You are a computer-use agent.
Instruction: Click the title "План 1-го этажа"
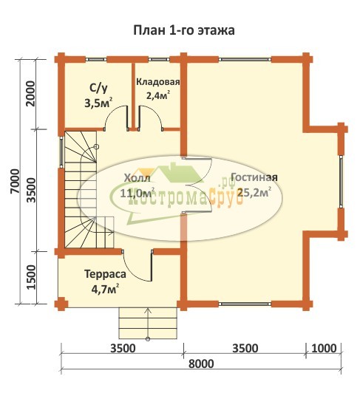(x=183, y=30)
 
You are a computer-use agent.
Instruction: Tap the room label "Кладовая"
(x=158, y=82)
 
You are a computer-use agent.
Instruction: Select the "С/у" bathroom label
(x=98, y=89)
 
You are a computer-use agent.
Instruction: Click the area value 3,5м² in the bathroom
(x=98, y=103)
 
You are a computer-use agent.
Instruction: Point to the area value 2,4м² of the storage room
(x=157, y=95)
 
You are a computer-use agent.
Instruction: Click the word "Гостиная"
(x=254, y=177)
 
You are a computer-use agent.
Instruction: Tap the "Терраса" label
(x=105, y=274)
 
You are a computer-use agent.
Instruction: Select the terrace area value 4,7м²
(x=106, y=289)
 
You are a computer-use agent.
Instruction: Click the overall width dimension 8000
(x=201, y=364)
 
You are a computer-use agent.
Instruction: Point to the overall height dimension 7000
(x=16, y=181)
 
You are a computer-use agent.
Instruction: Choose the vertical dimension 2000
(x=30, y=93)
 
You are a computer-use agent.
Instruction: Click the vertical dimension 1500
(x=31, y=277)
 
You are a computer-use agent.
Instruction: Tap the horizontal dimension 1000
(x=324, y=349)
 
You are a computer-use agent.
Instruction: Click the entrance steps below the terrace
(x=148, y=323)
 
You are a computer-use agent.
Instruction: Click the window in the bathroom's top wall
(x=96, y=60)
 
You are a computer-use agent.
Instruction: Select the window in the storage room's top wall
(x=159, y=60)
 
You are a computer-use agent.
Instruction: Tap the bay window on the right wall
(x=341, y=181)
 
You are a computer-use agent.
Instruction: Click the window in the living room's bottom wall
(x=245, y=304)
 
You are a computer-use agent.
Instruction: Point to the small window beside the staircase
(x=61, y=152)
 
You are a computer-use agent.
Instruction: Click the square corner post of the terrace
(x=61, y=304)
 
